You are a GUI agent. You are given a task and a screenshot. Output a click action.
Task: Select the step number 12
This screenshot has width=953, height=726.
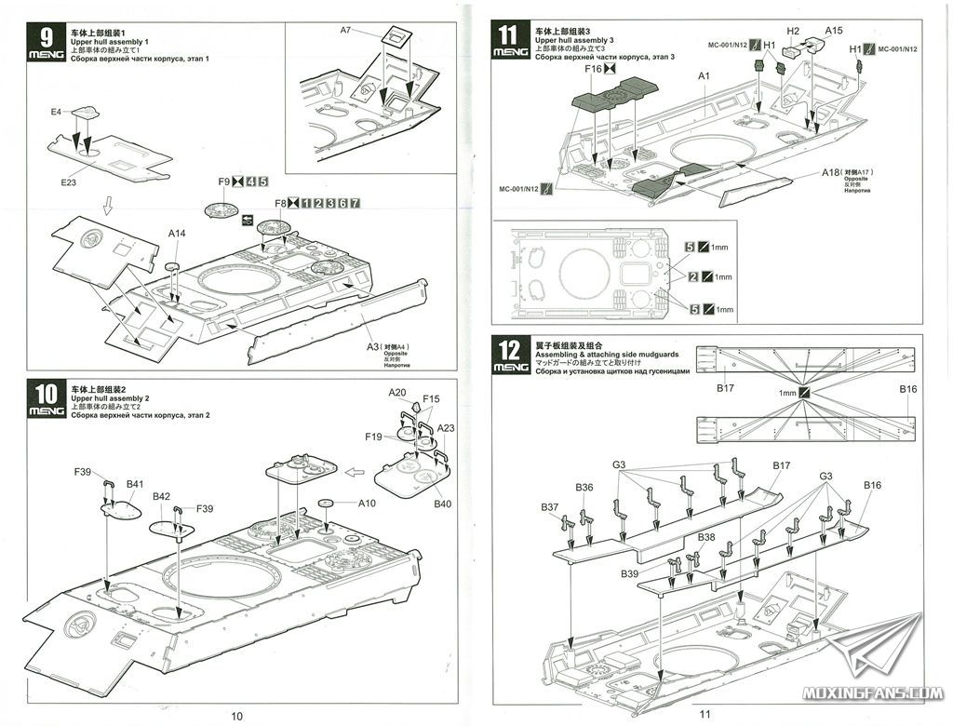508,351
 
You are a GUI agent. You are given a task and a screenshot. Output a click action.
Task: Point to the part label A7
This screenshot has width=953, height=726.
345,30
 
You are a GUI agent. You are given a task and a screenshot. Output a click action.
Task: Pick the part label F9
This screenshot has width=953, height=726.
223,181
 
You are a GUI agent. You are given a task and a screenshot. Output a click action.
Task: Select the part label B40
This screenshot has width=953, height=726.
441,504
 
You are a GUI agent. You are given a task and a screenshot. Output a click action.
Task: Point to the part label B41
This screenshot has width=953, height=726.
135,484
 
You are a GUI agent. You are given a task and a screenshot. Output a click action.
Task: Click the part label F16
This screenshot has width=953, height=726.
593,68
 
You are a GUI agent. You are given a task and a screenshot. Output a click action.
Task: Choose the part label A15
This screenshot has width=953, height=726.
834,31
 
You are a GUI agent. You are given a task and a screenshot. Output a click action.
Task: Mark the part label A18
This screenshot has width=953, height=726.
831,173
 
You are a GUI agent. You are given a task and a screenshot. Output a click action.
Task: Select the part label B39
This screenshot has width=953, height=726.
630,574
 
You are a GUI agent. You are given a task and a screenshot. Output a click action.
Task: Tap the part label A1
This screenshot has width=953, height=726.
704,75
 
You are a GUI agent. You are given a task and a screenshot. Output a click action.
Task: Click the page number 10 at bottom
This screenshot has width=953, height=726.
236,715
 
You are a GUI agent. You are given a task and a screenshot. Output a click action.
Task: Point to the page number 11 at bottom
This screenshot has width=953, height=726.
705,715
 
